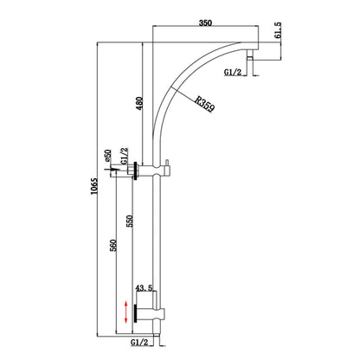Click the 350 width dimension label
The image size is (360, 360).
(x=206, y=22)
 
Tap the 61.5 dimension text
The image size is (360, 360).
(x=278, y=30)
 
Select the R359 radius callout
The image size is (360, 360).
(x=204, y=104)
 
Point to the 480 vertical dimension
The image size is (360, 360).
(x=139, y=103)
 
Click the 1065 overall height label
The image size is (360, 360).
(x=94, y=186)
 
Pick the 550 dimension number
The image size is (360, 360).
(x=131, y=221)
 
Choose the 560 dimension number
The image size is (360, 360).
(x=113, y=245)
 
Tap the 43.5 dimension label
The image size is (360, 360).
(x=145, y=288)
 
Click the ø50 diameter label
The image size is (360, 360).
(x=108, y=155)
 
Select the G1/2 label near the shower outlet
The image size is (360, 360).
(x=233, y=72)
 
